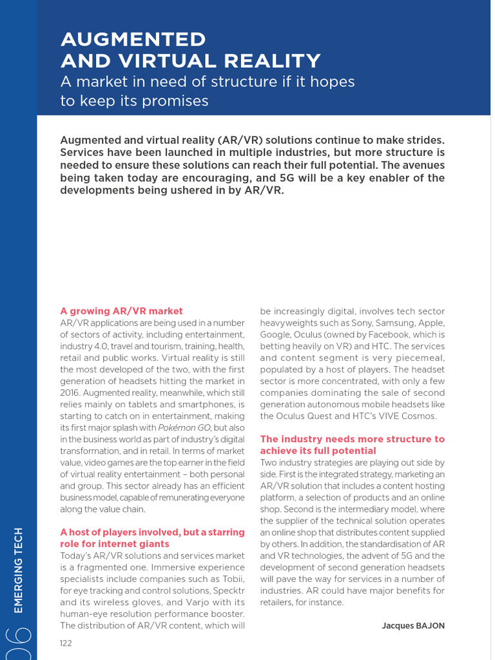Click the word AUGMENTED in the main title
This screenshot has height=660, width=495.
coord(133,39)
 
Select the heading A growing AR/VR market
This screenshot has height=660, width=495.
coord(121,311)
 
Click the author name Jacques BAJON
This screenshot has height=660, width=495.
coord(412,626)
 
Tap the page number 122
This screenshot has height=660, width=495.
coord(66,643)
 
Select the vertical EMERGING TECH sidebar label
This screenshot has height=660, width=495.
coord(18,570)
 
